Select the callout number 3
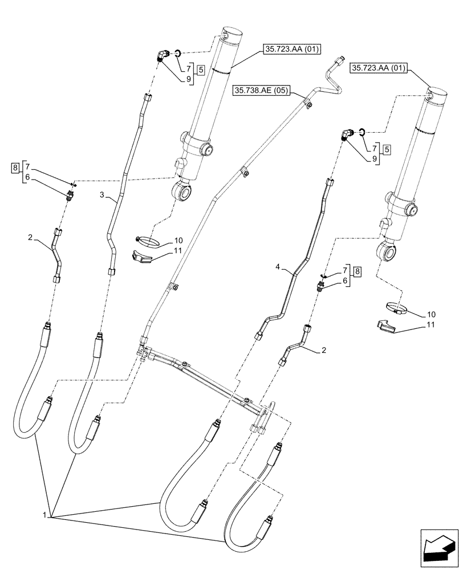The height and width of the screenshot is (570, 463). point(102,195)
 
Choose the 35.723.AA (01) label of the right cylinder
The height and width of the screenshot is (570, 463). point(378,67)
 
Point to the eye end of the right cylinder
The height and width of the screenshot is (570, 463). point(387,250)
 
